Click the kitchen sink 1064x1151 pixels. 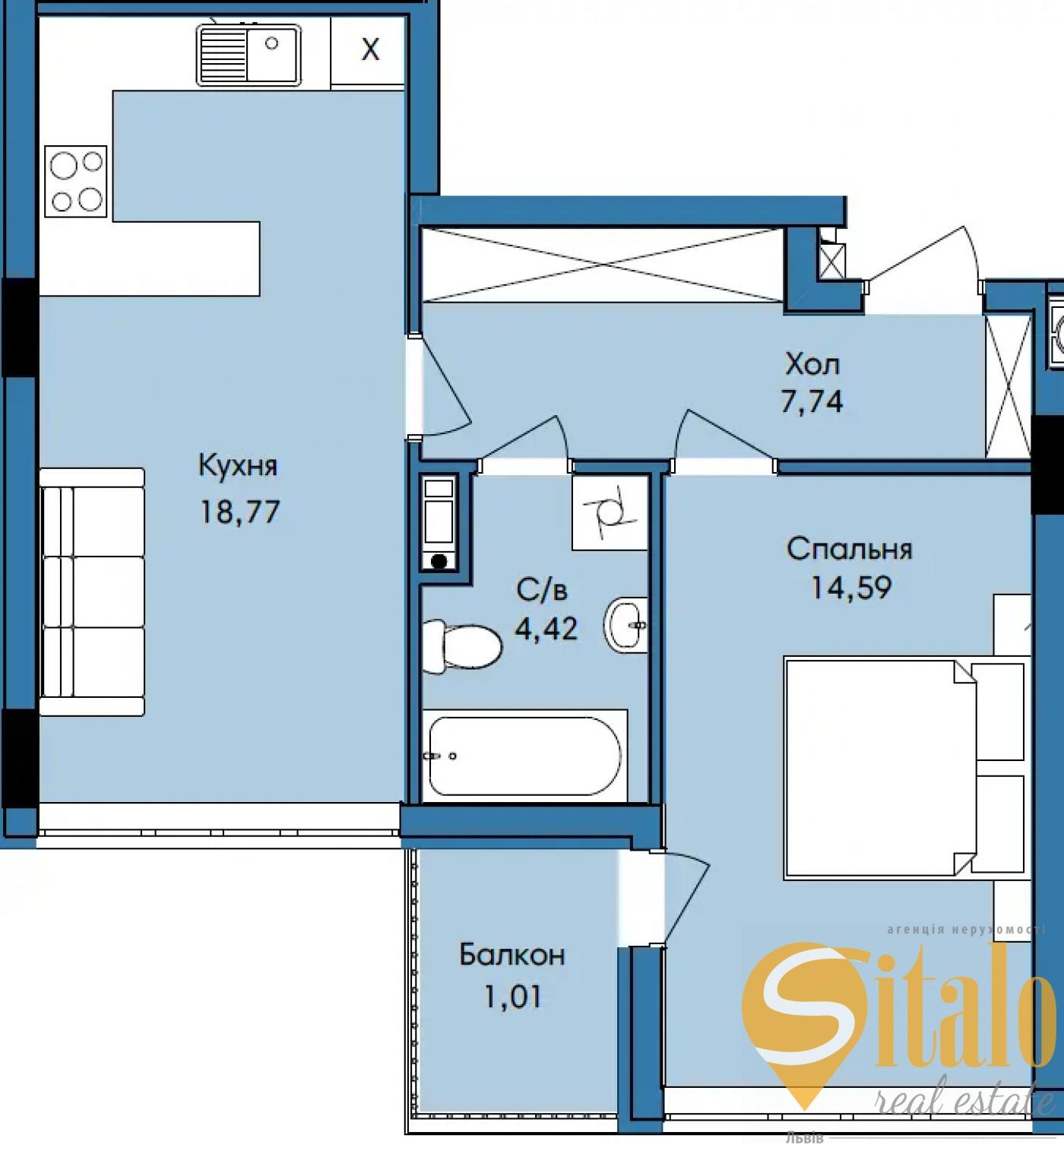(249, 55)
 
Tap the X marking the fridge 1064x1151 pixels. (370, 49)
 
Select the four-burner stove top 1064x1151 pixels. (76, 182)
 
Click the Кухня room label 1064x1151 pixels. (238, 465)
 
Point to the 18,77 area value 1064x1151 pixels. (240, 512)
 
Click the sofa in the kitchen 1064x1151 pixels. (92, 591)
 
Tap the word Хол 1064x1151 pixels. (812, 364)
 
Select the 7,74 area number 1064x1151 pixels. (812, 401)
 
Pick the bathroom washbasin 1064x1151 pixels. (626, 626)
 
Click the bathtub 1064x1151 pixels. (525, 756)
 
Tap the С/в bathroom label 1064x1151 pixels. (542, 590)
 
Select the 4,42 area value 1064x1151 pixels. (546, 628)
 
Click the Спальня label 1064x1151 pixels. (850, 549)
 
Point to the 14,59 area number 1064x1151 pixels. (850, 587)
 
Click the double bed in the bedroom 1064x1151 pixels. (904, 768)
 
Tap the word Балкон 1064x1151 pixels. (512, 955)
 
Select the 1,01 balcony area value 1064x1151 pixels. (512, 997)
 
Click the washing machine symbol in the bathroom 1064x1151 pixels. (610, 512)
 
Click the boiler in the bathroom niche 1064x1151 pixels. (439, 523)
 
